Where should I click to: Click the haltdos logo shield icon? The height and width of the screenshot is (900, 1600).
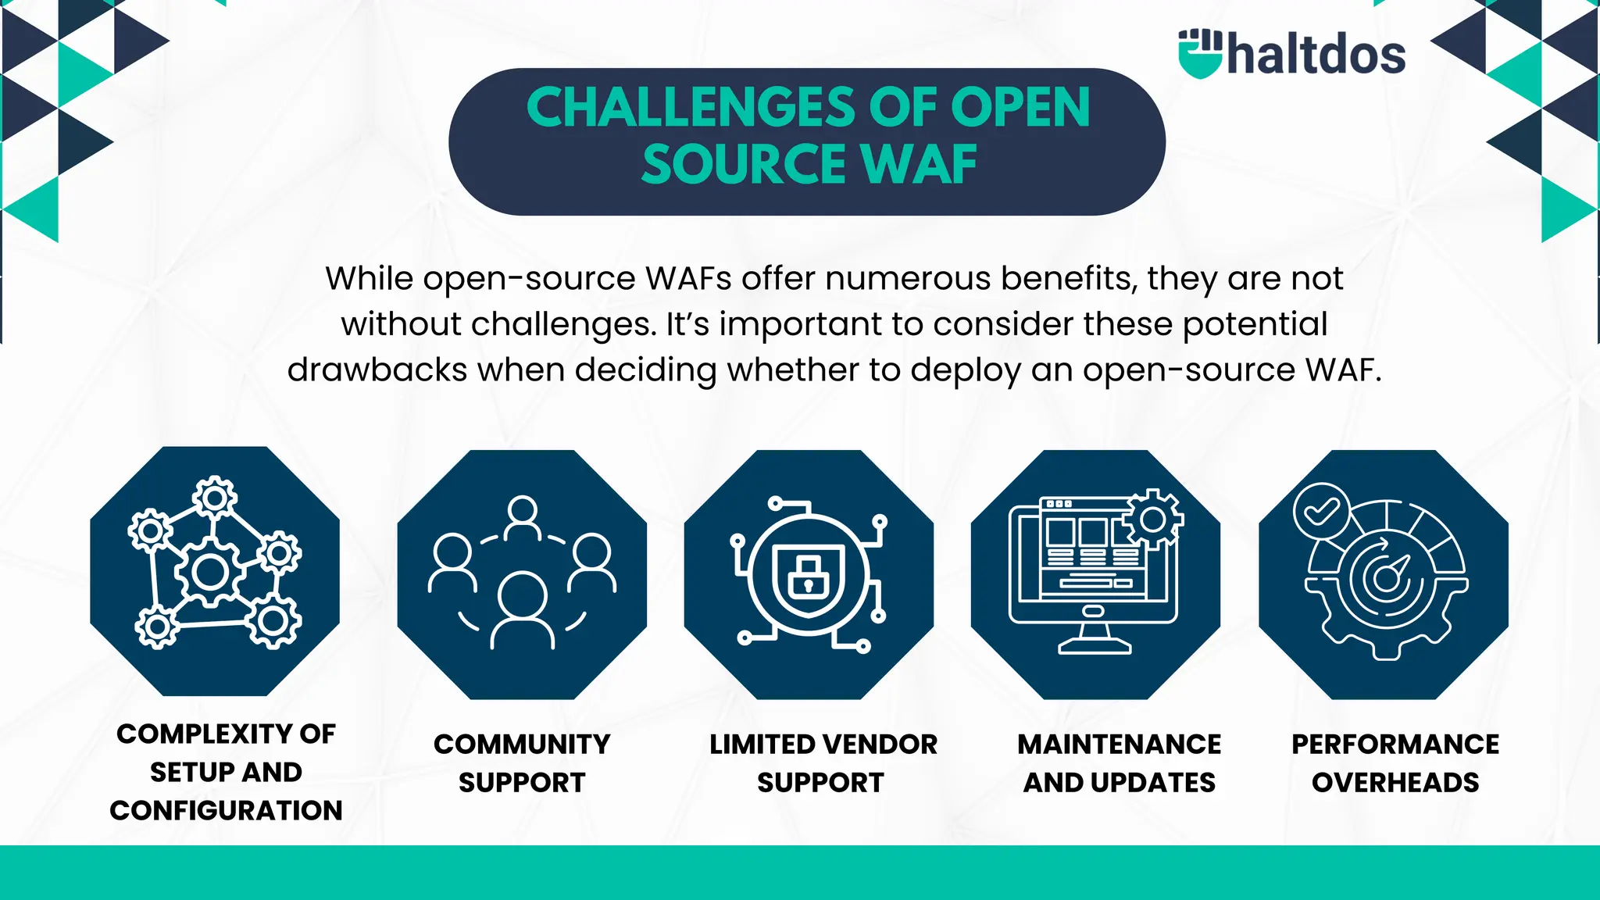point(1199,54)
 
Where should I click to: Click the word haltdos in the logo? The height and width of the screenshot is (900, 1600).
point(1316,55)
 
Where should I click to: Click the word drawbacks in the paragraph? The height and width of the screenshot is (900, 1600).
point(377,370)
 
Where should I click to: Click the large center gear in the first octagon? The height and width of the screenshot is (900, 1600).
point(210,572)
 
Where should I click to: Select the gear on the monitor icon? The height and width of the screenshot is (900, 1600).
point(1153,518)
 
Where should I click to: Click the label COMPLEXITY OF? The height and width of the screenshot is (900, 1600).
point(226,734)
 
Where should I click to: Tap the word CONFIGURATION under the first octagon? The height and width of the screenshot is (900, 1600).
point(226,811)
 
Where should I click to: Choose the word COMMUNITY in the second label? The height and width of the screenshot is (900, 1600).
point(522,744)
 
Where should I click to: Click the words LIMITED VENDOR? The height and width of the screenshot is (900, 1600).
point(823,744)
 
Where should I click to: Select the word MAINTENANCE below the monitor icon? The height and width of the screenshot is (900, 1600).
point(1119,744)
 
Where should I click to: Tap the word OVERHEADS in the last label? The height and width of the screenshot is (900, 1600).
point(1395,782)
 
